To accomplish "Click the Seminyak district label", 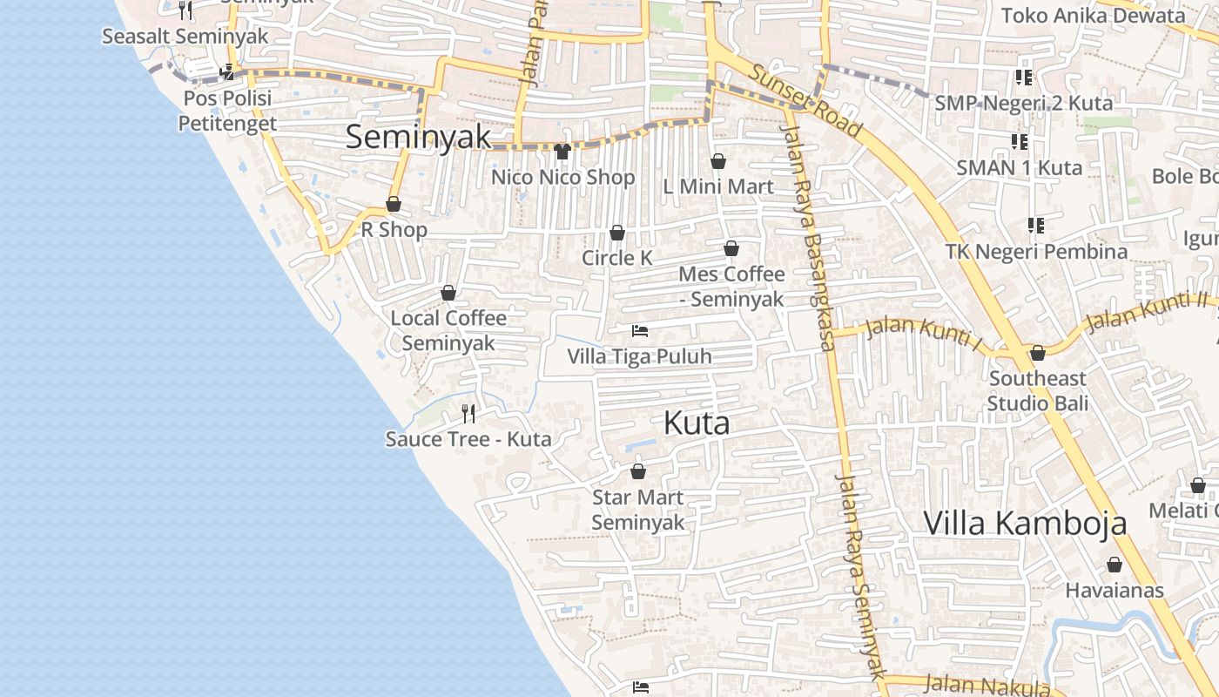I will coord(418,138).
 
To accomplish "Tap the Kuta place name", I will coord(697,423).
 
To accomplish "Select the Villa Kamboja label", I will coord(1025,524).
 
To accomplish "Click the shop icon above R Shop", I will coord(394,205).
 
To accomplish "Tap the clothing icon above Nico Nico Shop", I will coord(562,152).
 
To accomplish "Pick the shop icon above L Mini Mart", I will coord(718,161).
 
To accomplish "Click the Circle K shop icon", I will coord(617,233).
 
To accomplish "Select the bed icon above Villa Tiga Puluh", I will coord(640,331).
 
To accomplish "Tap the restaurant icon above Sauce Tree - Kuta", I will coord(468,413).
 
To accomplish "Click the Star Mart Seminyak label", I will coord(638,510).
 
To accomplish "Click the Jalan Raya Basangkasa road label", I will coord(810,235).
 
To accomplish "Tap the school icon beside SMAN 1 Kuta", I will coord(1019,141).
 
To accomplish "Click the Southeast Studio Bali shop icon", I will coord(1037,353).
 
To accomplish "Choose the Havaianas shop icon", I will coord(1115,565).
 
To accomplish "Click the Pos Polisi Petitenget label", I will coord(227,111).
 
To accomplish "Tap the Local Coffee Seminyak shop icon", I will coord(448,293).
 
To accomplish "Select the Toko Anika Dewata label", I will coord(1093,16).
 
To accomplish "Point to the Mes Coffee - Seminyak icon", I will coord(731,249).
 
